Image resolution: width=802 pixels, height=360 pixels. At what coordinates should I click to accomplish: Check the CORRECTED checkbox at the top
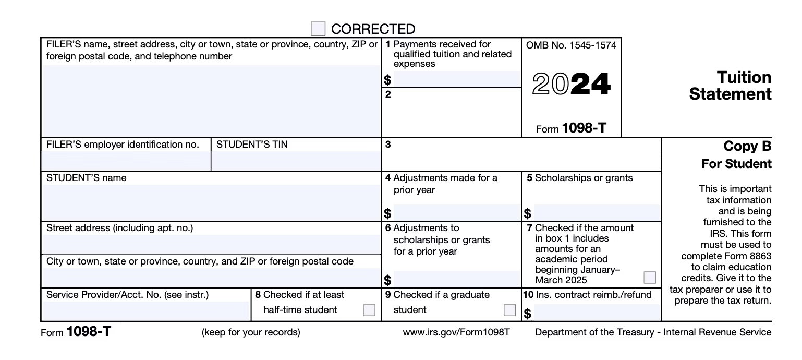(318, 28)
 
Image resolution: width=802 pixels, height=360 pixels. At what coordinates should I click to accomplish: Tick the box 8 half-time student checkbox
(369, 310)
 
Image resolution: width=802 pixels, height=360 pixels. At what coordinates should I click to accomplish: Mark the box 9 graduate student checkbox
(509, 310)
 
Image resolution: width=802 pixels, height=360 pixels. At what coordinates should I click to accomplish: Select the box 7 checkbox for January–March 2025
(650, 277)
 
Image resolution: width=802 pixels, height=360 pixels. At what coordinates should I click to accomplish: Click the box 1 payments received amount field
(456, 79)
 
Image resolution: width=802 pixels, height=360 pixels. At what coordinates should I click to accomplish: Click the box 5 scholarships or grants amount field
(596, 212)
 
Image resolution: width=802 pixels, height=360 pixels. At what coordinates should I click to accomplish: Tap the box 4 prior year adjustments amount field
(456, 212)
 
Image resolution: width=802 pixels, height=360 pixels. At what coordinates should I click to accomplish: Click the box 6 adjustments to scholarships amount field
(456, 279)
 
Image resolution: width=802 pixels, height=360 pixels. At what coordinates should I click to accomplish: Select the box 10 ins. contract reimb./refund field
(596, 313)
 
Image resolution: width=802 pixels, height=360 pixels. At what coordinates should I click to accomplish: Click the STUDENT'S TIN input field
(296, 161)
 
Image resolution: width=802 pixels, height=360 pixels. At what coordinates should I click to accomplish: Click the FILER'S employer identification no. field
(126, 161)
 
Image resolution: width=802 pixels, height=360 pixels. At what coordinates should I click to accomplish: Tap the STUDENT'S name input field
(211, 202)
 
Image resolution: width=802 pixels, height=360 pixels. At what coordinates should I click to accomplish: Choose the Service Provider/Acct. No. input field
(146, 311)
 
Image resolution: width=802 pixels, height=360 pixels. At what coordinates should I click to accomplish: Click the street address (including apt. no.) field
(211, 244)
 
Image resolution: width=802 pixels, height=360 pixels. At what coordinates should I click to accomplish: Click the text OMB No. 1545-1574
(571, 45)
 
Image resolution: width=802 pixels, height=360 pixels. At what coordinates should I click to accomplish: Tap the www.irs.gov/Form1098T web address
(456, 332)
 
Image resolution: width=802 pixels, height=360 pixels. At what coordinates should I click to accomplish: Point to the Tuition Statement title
(730, 86)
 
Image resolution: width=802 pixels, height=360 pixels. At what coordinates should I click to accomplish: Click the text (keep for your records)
(251, 332)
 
